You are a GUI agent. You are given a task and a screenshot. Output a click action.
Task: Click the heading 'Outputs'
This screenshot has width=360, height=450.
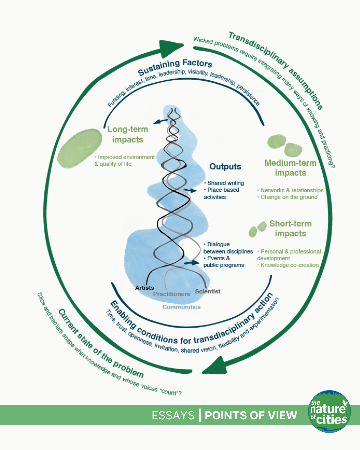[x=225, y=167]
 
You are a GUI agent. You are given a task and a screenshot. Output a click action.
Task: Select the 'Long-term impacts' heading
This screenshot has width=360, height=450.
[x=128, y=134]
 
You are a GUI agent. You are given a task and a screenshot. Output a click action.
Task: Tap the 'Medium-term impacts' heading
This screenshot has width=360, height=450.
[x=290, y=168]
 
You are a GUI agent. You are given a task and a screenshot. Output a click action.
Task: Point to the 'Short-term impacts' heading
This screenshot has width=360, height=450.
[x=290, y=228]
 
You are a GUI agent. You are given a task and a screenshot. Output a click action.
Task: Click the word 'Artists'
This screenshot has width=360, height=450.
[x=145, y=288]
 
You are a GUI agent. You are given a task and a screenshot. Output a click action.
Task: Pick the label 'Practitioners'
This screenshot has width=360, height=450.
[x=171, y=294]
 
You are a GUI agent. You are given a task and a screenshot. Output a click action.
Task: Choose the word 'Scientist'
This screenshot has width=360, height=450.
[x=208, y=291]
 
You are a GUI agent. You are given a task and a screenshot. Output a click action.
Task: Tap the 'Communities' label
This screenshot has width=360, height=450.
[x=181, y=307]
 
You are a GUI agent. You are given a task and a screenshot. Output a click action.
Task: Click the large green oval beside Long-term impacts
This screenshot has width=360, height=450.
[x=80, y=148]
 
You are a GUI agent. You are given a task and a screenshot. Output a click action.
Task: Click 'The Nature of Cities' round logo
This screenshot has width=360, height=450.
[x=329, y=412]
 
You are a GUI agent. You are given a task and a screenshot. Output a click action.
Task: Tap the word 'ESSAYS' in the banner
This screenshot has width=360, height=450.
[x=173, y=415]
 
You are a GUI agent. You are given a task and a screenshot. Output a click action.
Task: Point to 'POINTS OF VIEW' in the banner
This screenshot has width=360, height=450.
[x=251, y=415]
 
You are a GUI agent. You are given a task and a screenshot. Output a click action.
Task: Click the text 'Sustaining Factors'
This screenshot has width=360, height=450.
[x=175, y=67]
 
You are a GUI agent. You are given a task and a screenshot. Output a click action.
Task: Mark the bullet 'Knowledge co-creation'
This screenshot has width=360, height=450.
[x=289, y=265]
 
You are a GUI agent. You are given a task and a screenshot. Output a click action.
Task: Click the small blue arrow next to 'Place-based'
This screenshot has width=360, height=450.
[x=191, y=190]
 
